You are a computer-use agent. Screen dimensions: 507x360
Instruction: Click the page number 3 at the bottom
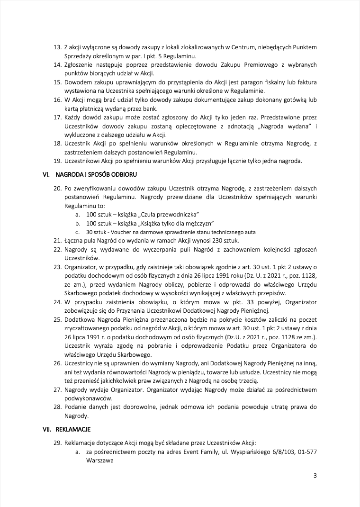315,475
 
